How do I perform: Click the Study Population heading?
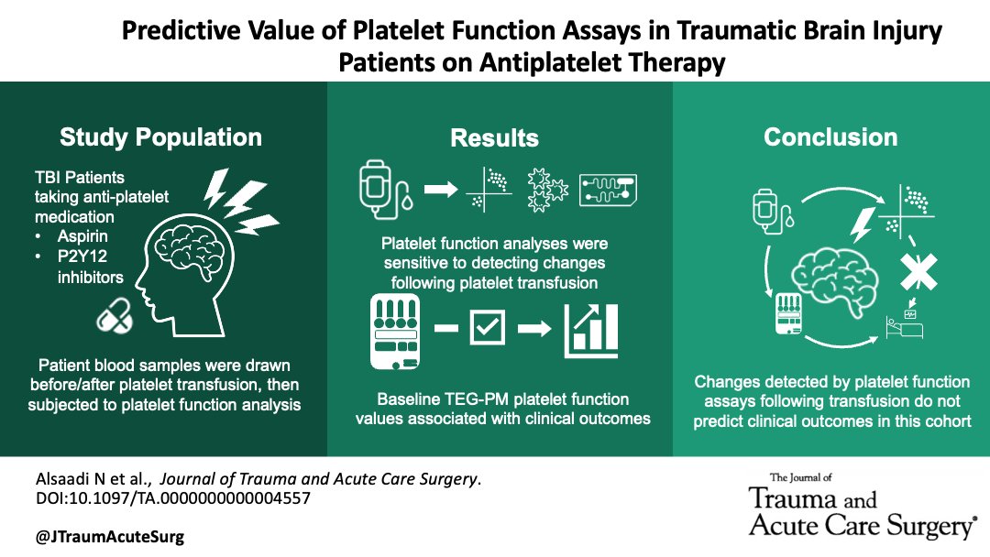(x=160, y=137)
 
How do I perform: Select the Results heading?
(x=494, y=138)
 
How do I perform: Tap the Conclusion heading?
(x=830, y=137)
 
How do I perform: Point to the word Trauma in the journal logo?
(x=792, y=499)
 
